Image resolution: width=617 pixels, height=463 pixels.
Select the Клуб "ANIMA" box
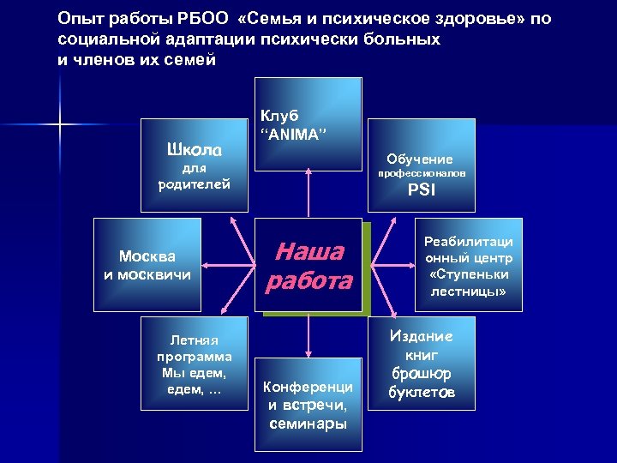tap(308, 123)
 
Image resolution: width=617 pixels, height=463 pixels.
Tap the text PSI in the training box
tap(421, 191)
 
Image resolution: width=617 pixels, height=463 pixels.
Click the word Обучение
tap(420, 159)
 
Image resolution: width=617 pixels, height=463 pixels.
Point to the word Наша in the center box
tap(308, 251)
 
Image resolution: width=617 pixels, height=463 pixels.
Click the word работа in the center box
tap(309, 280)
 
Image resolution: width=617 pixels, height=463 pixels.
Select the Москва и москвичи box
tap(147, 265)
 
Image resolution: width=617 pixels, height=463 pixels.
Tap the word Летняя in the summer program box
tap(195, 340)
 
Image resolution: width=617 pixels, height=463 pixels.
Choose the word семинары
tap(308, 423)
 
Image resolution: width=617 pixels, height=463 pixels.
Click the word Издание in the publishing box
tap(421, 336)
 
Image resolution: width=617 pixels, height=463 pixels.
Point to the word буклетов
tap(420, 394)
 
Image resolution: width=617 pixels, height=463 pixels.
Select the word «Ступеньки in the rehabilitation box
tap(466, 274)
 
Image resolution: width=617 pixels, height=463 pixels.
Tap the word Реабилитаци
tap(466, 243)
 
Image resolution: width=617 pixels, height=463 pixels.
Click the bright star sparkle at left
tap(61, 126)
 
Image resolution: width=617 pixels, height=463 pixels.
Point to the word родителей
tap(195, 183)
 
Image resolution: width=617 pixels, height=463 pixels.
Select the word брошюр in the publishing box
tap(421, 375)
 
